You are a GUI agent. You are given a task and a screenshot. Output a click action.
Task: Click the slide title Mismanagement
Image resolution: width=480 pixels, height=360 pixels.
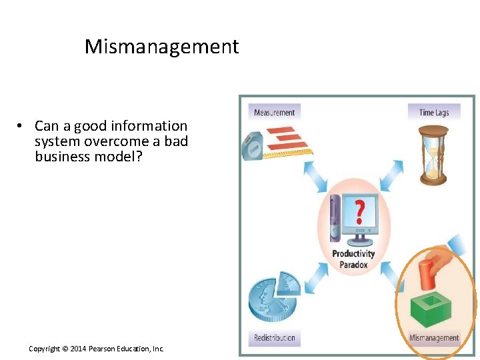(x=161, y=47)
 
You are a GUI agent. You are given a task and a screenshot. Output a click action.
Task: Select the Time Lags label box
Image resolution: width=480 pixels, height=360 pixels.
(x=434, y=112)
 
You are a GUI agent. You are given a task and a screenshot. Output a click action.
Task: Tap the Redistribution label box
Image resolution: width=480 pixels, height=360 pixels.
(x=274, y=337)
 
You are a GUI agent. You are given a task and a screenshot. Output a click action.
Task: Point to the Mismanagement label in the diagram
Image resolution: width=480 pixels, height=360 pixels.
(x=434, y=337)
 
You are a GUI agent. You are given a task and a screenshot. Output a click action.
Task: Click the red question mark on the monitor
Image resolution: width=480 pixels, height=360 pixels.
(x=359, y=212)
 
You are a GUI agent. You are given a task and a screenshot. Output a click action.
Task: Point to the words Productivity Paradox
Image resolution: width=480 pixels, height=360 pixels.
(x=353, y=258)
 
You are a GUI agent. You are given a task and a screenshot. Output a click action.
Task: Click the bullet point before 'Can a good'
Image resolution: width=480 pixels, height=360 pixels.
(x=21, y=126)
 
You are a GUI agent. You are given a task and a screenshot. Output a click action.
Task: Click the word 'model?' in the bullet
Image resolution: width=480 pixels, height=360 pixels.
(x=115, y=156)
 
